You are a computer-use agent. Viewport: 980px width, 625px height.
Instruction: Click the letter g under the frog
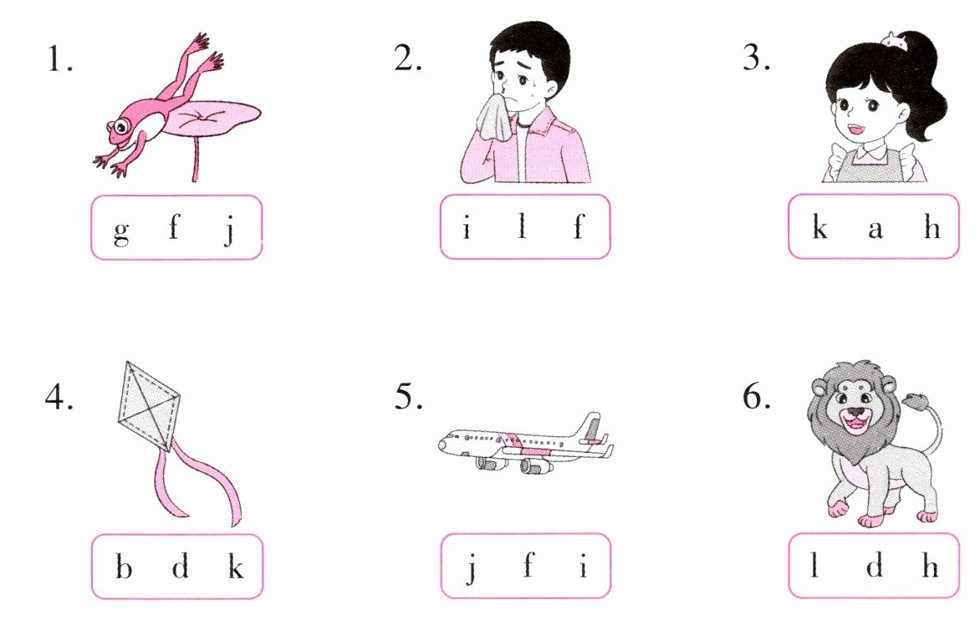(x=121, y=231)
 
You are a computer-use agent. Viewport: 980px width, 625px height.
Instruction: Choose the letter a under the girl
(x=875, y=230)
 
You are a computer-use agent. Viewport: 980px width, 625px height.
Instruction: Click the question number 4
(x=59, y=395)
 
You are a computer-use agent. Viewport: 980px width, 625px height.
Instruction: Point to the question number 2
(x=408, y=58)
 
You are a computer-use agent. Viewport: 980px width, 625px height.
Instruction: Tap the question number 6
(x=756, y=395)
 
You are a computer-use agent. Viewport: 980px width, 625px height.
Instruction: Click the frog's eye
(x=120, y=127)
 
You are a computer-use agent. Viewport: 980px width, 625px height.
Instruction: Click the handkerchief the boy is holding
(x=497, y=117)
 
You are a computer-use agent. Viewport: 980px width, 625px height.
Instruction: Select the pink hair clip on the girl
(x=894, y=41)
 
